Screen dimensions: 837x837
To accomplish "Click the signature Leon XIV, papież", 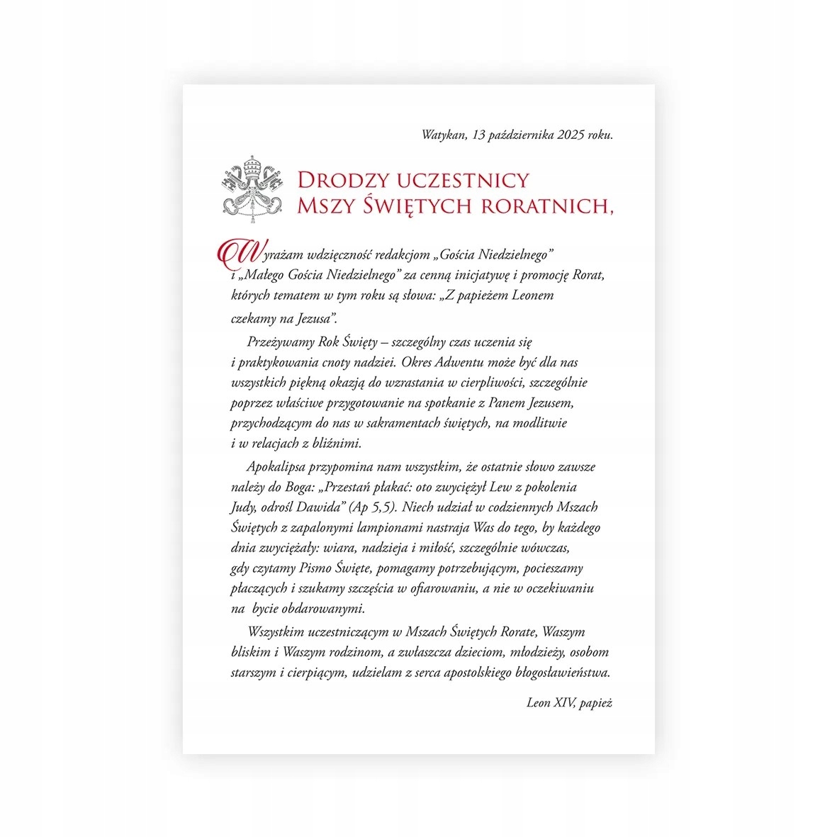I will tap(569, 703).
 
